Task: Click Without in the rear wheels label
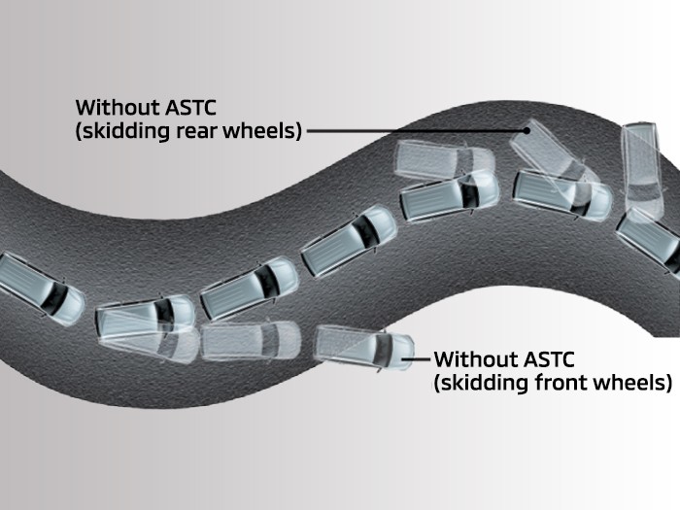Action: pos(114,106)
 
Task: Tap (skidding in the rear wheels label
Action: pos(118,130)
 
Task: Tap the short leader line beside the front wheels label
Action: pos(415,358)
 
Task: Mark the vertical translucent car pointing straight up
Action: pos(639,165)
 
